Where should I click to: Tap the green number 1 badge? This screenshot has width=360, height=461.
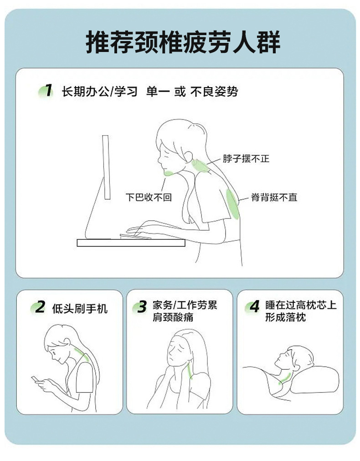click(46, 91)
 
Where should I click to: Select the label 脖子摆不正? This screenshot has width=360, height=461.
click(246, 159)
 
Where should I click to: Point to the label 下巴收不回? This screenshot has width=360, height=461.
click(149, 197)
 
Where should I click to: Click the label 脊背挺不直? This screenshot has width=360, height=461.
click(274, 197)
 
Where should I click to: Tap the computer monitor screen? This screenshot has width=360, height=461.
click(106, 167)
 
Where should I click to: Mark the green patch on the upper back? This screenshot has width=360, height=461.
click(233, 204)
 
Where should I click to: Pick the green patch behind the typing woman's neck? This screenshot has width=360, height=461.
click(201, 166)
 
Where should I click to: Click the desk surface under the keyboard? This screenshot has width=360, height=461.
click(131, 243)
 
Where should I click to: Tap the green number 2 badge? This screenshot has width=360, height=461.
click(38, 307)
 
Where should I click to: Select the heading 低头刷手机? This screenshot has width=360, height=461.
click(80, 309)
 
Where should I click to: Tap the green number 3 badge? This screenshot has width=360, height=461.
click(140, 307)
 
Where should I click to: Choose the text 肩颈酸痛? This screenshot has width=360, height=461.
click(173, 317)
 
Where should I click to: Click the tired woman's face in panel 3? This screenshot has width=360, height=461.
click(177, 352)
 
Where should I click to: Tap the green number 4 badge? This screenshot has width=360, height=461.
click(253, 307)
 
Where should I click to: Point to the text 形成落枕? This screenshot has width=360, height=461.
click(286, 317)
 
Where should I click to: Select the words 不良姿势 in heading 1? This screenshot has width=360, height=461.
click(214, 92)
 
